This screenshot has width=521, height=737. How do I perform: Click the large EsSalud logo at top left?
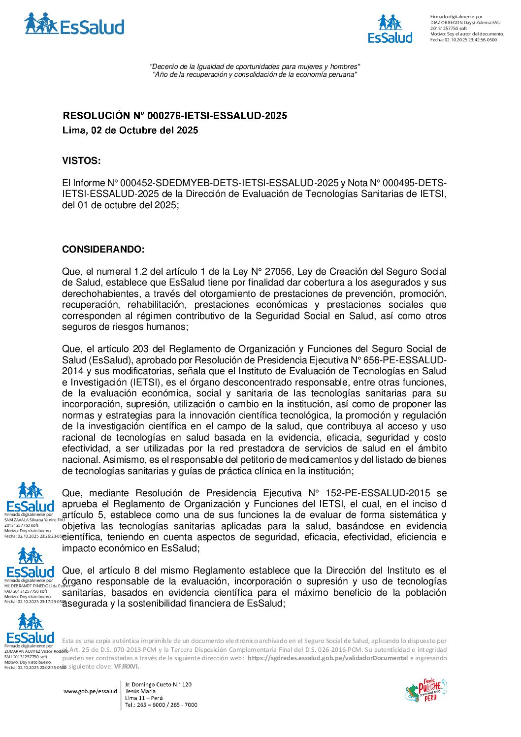point(74,24)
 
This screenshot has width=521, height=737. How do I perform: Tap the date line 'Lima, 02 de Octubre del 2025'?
point(130,130)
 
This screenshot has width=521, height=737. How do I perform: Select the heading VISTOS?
point(81,161)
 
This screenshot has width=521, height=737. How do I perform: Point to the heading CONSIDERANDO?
point(103,250)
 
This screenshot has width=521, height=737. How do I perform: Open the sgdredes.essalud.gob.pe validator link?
point(327,658)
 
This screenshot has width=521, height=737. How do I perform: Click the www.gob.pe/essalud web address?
point(90,691)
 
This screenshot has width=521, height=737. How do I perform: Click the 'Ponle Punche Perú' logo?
point(425,690)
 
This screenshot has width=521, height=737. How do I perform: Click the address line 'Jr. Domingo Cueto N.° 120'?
point(158,684)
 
